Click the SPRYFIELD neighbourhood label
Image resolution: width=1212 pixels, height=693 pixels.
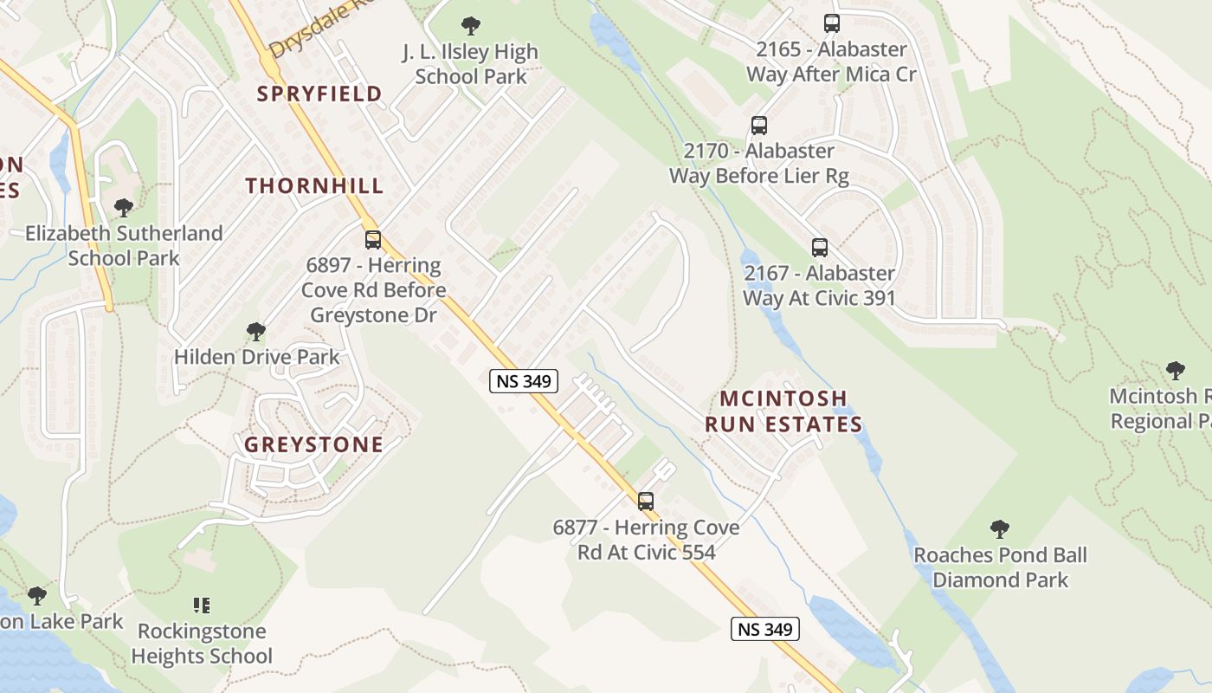point(319,94)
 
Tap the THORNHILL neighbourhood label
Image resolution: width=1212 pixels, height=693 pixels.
point(314,185)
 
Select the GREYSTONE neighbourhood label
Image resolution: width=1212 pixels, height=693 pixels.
point(313,444)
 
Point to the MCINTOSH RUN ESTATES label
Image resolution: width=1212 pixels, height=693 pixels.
point(783,411)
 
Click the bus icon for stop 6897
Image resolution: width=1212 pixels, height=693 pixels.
point(373,240)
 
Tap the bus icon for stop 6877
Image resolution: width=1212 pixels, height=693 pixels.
point(646,501)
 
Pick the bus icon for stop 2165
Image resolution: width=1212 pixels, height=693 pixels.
point(832,23)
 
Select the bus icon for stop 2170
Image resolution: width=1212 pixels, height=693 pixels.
point(759,126)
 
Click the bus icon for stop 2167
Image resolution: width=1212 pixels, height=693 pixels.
point(820,248)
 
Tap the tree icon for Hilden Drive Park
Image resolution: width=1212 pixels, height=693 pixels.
point(255,332)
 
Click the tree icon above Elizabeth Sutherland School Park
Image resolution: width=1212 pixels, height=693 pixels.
point(124,208)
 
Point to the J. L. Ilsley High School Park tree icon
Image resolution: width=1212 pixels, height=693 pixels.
point(471,26)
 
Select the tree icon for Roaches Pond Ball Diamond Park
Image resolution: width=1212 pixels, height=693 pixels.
point(1000,529)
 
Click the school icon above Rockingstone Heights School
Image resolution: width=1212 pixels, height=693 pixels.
point(202,605)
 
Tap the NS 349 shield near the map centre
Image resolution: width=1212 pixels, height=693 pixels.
point(524,381)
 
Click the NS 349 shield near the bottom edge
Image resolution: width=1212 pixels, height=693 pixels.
point(765,629)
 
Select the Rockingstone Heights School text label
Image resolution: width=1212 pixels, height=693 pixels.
point(202,644)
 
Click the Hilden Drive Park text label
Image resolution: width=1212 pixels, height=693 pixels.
point(257,357)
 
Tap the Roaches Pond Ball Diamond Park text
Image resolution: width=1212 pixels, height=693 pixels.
point(1000,567)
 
